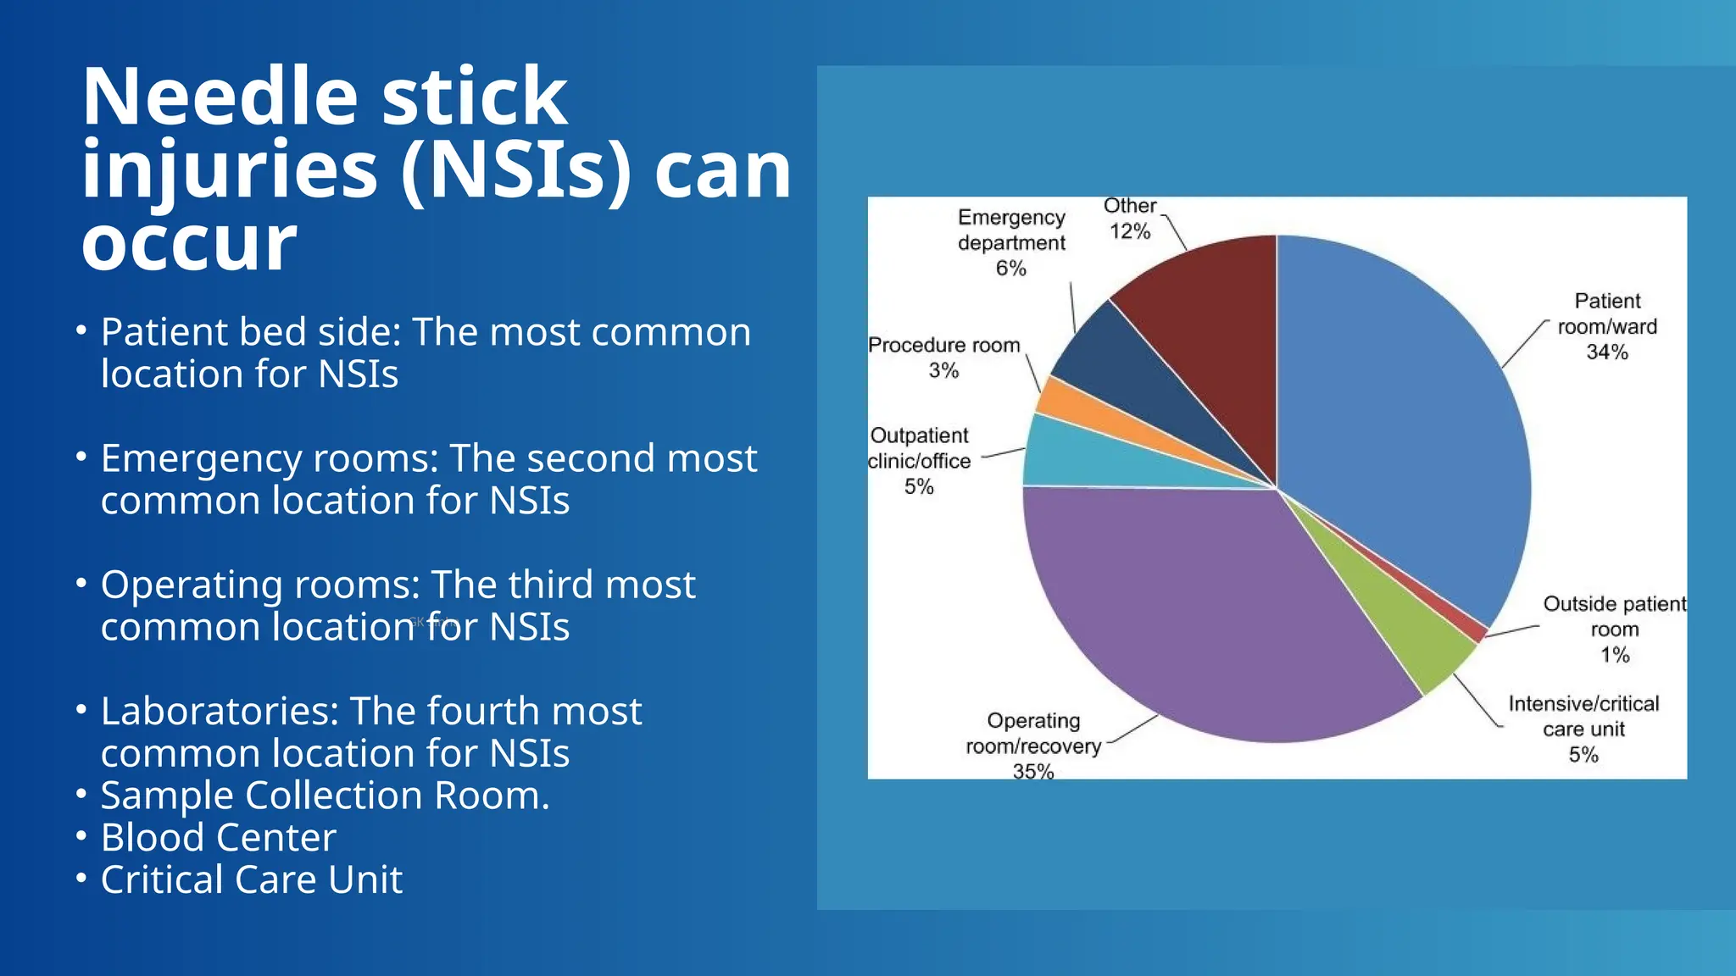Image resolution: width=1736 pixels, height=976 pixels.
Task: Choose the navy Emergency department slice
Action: (1127, 364)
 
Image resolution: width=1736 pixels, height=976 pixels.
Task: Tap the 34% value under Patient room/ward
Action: (1607, 352)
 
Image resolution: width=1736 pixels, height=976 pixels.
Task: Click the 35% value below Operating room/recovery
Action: (1033, 770)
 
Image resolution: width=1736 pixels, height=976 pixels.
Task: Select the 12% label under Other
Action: (1130, 231)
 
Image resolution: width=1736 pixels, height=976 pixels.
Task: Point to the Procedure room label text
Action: (943, 346)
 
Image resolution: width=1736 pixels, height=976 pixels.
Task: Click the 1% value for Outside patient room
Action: (1615, 655)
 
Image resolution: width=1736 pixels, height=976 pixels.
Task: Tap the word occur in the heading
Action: (188, 243)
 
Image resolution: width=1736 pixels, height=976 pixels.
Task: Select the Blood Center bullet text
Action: (218, 838)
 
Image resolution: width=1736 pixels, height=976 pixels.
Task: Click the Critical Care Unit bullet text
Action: (251, 880)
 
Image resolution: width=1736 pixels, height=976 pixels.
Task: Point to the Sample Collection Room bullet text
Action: (325, 796)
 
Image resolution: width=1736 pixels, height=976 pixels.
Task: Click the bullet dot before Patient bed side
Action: (81, 330)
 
